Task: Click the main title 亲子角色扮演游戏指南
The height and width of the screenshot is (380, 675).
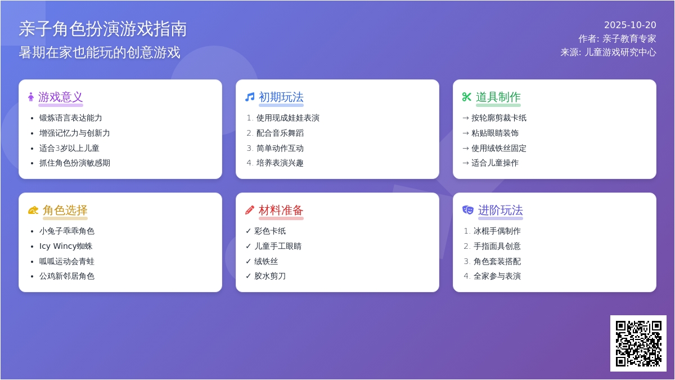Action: [x=103, y=29]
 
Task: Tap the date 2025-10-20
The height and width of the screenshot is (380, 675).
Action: [x=630, y=25]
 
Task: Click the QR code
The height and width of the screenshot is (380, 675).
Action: [x=638, y=343]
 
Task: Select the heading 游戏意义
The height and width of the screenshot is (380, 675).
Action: [x=60, y=97]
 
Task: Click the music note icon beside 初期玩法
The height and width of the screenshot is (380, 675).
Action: [x=250, y=97]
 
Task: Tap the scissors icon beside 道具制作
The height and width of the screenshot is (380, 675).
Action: [x=466, y=97]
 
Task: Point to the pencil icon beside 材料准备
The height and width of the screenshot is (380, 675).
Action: [x=250, y=210]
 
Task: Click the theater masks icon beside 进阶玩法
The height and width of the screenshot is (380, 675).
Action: [x=467, y=210]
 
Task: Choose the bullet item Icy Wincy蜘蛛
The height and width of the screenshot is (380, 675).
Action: [x=66, y=246]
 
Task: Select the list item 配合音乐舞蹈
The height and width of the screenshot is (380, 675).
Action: [x=280, y=133]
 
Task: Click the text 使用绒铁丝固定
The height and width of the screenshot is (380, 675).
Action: [x=499, y=148]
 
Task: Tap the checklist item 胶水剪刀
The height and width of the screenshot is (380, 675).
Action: [x=270, y=276]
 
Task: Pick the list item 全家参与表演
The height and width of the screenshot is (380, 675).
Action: [x=497, y=276]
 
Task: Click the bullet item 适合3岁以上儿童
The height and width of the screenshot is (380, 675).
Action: [x=69, y=148]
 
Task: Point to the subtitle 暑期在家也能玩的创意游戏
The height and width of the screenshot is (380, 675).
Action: [x=100, y=52]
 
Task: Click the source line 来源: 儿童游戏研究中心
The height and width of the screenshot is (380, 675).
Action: [x=608, y=52]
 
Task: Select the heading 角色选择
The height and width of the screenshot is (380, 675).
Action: [x=65, y=210]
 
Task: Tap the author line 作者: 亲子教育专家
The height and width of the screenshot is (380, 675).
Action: [x=617, y=39]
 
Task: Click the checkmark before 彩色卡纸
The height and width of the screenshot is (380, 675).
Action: [x=248, y=231]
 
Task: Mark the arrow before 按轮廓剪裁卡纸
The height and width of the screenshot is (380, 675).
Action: [x=466, y=118]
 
